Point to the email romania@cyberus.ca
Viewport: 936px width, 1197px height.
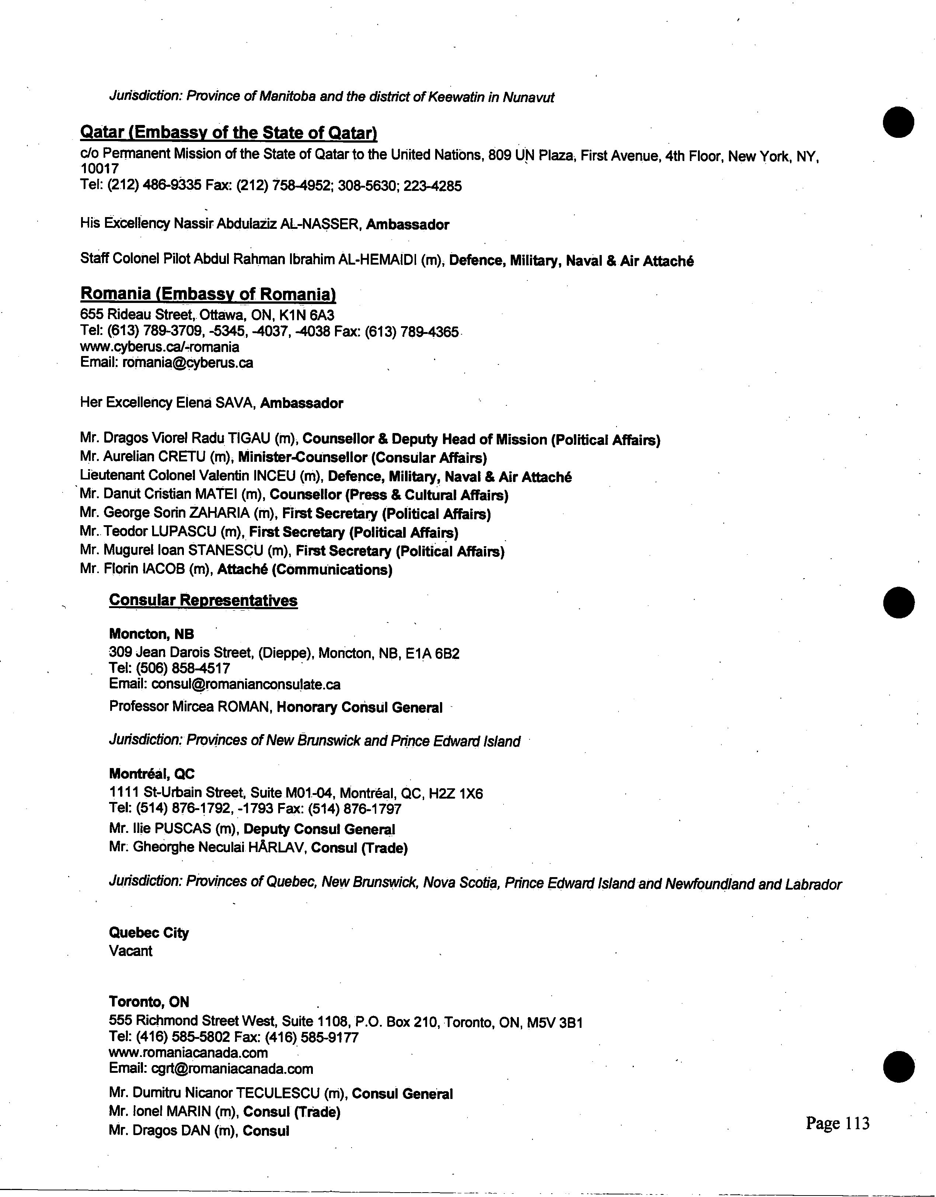click(188, 362)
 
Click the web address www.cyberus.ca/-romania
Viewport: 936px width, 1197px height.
click(160, 347)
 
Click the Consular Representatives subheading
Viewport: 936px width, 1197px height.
click(203, 600)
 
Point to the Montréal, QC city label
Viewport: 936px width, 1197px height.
click(152, 774)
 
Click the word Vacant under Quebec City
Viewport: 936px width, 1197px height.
click(130, 951)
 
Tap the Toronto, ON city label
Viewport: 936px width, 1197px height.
click(149, 1002)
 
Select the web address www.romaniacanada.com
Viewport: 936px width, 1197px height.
click(189, 1053)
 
